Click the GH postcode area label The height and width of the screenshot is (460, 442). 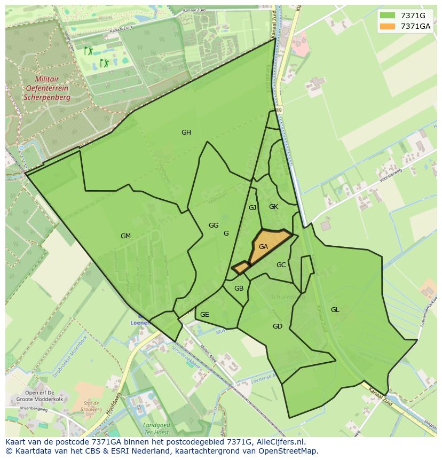186,132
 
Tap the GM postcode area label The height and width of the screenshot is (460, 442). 125,236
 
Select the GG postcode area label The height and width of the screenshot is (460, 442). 214,225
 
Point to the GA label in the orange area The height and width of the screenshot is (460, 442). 263,247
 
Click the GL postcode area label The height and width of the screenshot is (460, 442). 335,310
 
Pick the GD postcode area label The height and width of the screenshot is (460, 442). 278,326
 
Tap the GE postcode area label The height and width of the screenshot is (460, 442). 204,315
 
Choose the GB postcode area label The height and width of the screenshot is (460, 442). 239,289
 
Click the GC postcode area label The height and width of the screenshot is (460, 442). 281,265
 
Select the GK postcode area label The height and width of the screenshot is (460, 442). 273,207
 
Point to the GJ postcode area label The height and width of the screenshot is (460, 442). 252,208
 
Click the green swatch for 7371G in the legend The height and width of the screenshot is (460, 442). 388,15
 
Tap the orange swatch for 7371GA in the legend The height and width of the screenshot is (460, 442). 388,26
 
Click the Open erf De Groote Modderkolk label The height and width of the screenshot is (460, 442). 40,396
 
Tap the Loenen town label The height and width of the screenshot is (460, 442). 139,323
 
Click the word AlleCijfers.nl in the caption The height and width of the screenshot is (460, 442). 279,442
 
